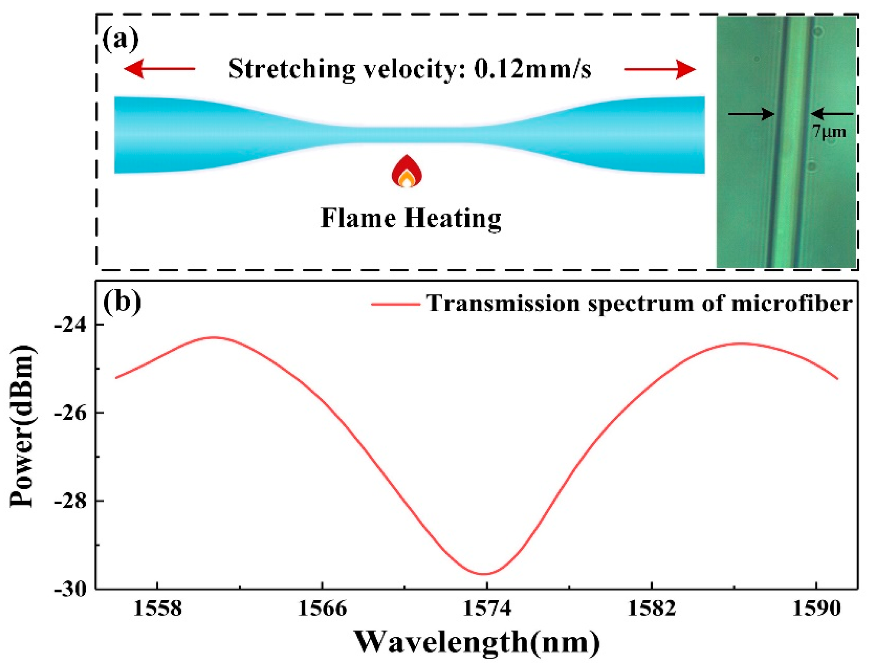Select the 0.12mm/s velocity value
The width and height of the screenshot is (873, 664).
532,70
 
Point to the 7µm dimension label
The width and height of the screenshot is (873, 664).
829,132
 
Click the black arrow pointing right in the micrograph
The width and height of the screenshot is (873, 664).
751,114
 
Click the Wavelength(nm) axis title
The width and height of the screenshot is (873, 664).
476,642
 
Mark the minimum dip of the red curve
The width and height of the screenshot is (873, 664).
484,574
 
